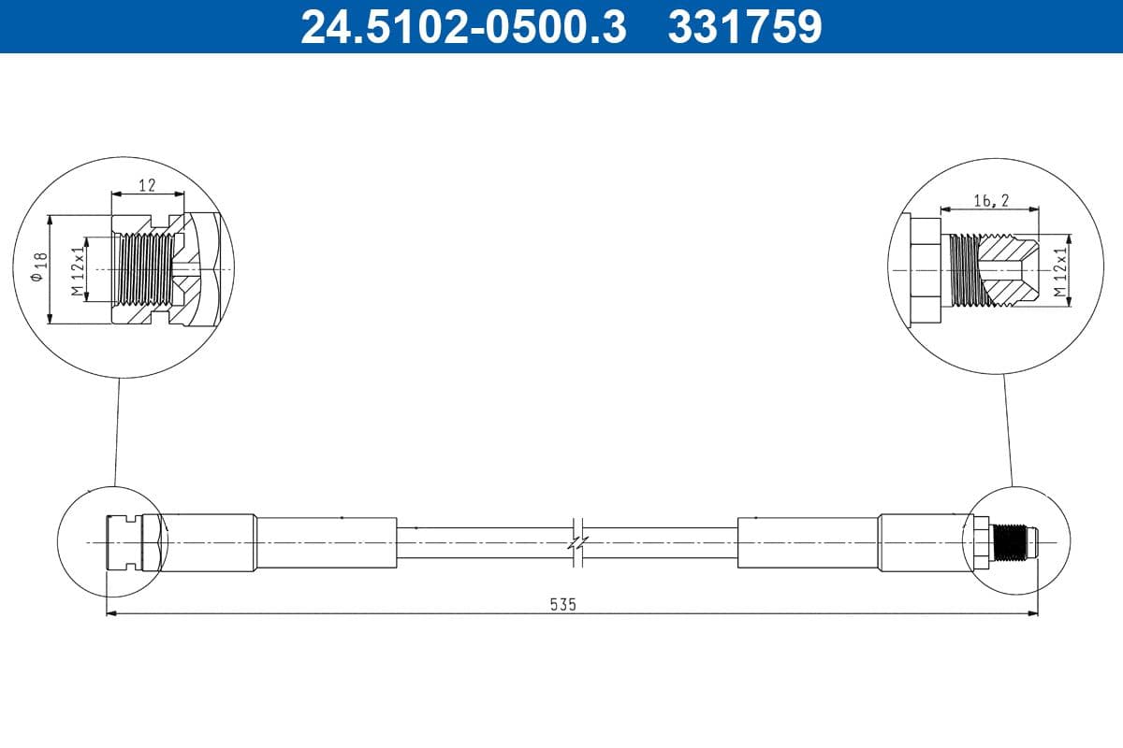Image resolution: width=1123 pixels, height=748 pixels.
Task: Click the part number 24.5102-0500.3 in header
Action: pos(462,26)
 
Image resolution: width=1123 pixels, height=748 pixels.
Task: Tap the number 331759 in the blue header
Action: pos(744,26)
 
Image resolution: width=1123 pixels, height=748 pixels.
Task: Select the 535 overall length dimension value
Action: pos(562,603)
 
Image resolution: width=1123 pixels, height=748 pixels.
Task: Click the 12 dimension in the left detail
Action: pos(147,185)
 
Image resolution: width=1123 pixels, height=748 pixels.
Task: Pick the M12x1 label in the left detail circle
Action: pos(79,268)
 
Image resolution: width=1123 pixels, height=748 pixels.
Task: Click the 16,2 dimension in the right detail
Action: pos(991,201)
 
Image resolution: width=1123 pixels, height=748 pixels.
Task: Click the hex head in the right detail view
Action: pos(924,269)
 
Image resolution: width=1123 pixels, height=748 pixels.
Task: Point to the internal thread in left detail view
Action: pos(144,269)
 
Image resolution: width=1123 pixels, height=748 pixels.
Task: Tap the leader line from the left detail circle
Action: pos(117,430)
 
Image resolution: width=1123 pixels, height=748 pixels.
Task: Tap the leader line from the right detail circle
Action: pos(1008,430)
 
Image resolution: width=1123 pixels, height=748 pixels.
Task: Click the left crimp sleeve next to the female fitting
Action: pos(208,542)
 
